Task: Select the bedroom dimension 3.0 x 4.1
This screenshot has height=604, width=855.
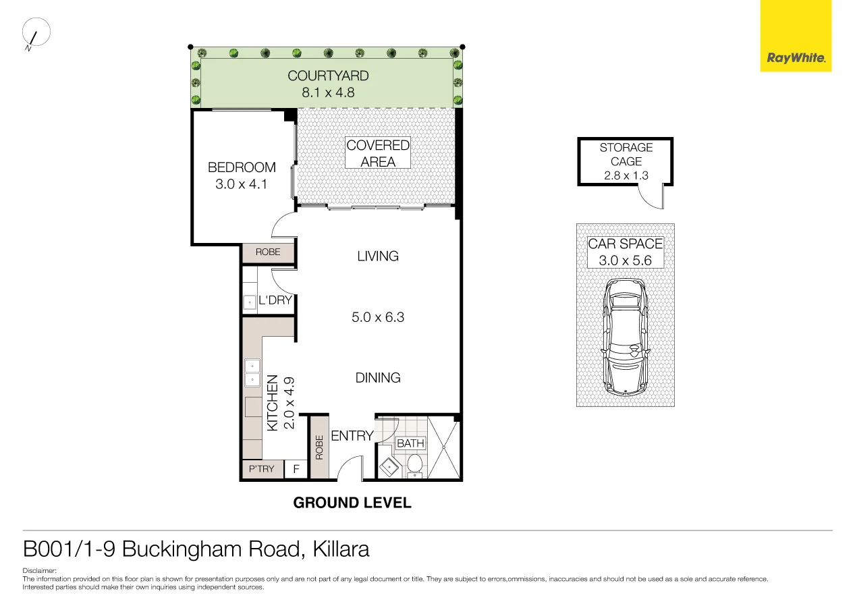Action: click(242, 184)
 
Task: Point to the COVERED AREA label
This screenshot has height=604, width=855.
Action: click(378, 153)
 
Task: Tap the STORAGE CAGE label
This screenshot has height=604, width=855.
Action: click(626, 155)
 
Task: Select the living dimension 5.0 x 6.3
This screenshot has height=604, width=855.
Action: click(378, 317)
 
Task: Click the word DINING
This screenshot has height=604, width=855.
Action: click(378, 378)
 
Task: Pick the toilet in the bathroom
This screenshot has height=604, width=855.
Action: click(415, 464)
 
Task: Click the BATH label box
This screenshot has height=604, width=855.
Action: click(410, 443)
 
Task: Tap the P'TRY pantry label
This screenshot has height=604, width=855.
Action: click(262, 469)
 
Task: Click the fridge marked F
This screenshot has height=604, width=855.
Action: click(296, 469)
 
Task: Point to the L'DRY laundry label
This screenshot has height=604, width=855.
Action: click(275, 300)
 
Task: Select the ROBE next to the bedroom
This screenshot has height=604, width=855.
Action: click(268, 252)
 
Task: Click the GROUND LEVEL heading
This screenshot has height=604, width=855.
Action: click(352, 503)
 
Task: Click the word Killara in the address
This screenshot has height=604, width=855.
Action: click(340, 549)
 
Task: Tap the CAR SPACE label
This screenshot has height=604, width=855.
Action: click(626, 244)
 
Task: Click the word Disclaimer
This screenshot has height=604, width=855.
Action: click(38, 571)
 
